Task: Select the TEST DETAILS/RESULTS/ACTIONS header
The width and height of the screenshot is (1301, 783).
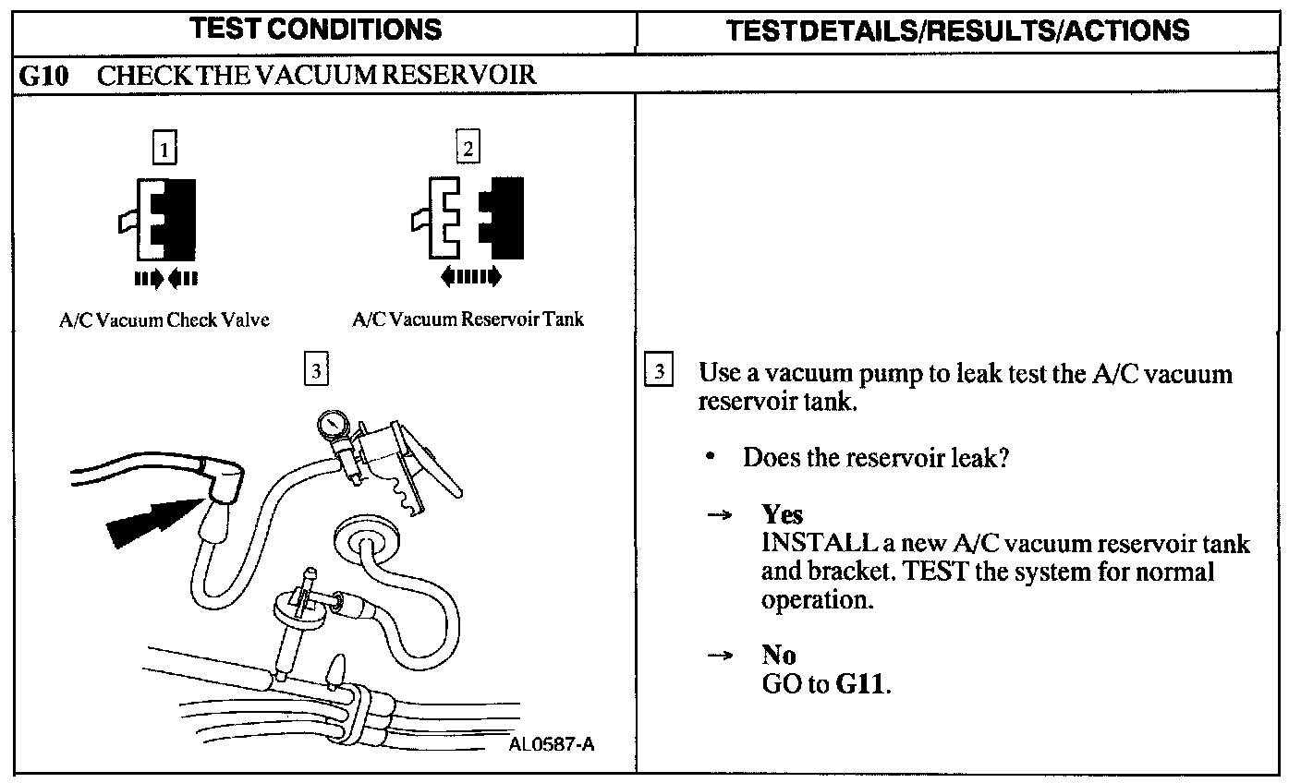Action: [x=957, y=30]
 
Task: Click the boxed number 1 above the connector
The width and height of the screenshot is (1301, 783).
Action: [x=164, y=149]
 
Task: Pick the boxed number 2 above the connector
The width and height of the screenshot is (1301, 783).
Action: [x=468, y=148]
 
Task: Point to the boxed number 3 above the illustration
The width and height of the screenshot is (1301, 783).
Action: [x=315, y=370]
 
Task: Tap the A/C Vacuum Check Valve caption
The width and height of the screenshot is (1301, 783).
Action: [x=164, y=320]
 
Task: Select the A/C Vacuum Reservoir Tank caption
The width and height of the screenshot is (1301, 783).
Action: [x=468, y=320]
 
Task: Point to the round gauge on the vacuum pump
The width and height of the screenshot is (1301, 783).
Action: [x=332, y=426]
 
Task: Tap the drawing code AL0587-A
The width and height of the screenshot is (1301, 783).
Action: [x=551, y=743]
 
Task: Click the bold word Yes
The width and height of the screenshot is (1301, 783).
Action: [x=782, y=514]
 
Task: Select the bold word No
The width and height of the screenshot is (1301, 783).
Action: [x=778, y=656]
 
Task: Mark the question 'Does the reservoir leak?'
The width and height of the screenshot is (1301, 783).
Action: [x=874, y=458]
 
